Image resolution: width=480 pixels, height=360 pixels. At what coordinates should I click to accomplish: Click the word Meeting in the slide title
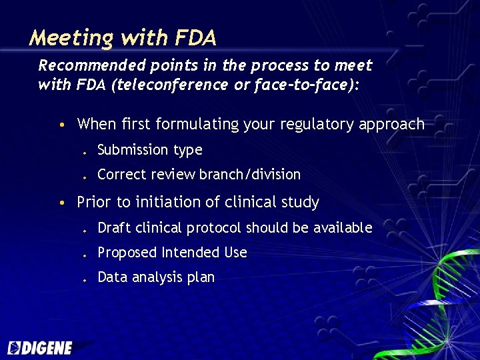click(71, 38)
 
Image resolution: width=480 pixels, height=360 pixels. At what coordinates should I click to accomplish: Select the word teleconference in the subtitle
click(161, 85)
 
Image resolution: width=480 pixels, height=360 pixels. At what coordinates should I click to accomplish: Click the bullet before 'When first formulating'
click(61, 125)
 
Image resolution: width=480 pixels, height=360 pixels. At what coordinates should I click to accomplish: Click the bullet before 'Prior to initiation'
click(61, 203)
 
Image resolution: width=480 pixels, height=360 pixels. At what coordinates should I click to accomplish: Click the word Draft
click(115, 228)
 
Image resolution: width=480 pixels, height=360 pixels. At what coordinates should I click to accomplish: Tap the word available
click(341, 228)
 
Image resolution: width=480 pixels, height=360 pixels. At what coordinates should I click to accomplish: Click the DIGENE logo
click(41, 347)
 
